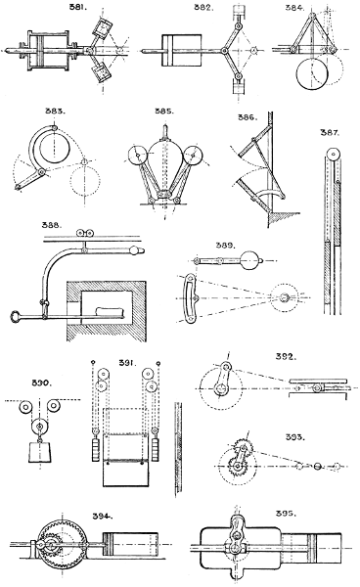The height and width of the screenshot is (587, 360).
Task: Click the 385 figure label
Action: pos(163,112)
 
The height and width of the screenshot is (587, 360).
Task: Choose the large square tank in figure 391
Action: pos(124,482)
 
